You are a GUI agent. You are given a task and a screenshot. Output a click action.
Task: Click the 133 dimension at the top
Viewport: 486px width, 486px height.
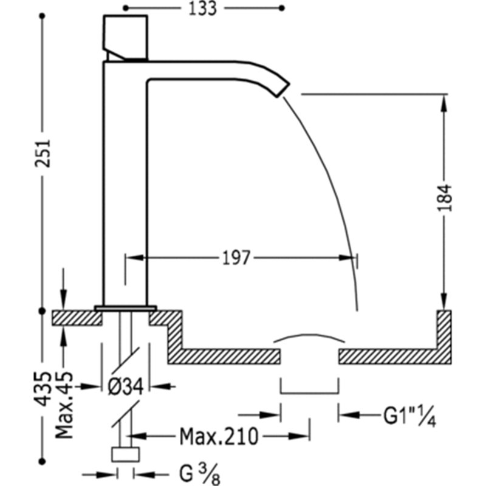[x=203, y=9]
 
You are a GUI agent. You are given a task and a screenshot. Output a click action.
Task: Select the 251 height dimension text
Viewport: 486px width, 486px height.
[x=42, y=154]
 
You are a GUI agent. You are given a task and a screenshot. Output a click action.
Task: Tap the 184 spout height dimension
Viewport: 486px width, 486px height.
[x=445, y=197]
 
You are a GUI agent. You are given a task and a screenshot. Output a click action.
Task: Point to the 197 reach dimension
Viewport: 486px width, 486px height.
[x=236, y=258]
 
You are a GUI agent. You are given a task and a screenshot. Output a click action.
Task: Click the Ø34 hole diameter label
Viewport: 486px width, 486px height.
[x=126, y=386]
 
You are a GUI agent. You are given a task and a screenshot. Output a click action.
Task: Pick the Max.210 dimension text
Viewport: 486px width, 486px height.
[x=219, y=436]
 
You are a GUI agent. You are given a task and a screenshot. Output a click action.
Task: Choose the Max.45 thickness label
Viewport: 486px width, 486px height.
[x=64, y=405]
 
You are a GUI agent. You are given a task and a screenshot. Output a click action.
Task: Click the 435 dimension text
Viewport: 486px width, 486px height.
[x=42, y=389]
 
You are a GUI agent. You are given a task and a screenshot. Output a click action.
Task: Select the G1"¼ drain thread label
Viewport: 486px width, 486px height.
[x=409, y=416]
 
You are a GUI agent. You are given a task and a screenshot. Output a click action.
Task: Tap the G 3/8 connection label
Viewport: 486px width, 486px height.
[x=200, y=474]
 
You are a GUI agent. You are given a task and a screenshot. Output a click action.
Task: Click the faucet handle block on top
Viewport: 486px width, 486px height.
[x=125, y=37]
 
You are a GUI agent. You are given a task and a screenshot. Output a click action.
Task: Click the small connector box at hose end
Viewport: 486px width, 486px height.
[x=125, y=454]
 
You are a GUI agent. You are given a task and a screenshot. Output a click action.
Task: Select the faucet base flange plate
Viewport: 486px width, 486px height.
[x=126, y=308]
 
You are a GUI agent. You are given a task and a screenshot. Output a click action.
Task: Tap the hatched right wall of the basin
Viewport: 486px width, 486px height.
[x=444, y=337]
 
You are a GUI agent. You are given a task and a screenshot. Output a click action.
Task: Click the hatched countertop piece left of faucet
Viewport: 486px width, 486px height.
[x=77, y=318]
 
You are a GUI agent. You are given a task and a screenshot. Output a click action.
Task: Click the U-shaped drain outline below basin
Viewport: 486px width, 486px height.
[x=309, y=393]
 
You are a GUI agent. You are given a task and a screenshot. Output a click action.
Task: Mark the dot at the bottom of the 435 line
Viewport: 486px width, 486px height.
[x=43, y=462]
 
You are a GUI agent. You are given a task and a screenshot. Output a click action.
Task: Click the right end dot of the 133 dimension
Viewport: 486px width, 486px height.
[x=282, y=9]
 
